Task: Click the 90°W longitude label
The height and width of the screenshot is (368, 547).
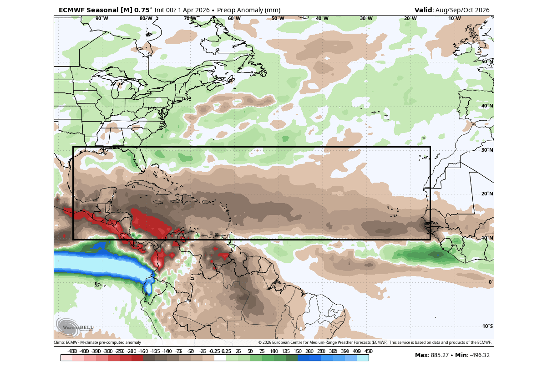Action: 101,19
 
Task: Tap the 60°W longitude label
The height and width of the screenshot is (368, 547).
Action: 234,19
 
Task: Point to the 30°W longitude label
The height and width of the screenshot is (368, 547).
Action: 366,19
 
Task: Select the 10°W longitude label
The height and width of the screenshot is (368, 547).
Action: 454,19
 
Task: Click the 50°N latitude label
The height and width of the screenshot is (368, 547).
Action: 487,61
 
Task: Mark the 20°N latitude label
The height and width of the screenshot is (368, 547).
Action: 487,194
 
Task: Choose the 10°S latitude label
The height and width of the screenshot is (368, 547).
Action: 487,326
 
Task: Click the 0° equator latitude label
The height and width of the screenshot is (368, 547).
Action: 491,282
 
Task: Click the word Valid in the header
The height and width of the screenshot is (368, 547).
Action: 424,10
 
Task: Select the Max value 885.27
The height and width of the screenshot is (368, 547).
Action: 441,355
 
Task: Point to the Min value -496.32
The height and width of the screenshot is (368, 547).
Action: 478,355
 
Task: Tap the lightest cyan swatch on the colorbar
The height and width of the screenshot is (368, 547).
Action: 363,358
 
